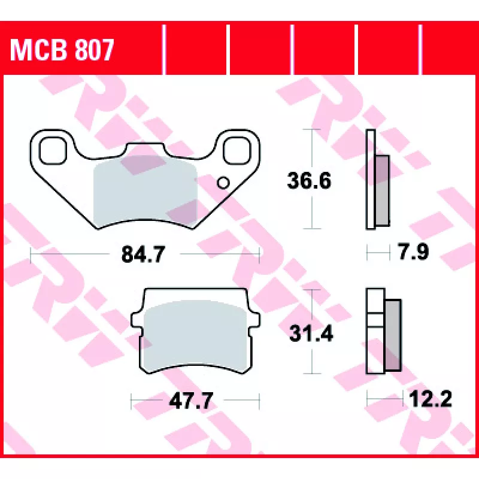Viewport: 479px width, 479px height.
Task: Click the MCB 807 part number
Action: tap(62, 50)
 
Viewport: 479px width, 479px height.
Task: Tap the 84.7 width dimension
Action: tap(143, 254)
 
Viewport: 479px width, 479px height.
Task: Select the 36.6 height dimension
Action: tap(309, 181)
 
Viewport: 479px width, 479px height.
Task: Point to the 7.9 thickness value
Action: tap(414, 252)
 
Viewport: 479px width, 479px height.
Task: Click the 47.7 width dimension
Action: tap(191, 401)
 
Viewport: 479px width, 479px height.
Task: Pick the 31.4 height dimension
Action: tap(311, 334)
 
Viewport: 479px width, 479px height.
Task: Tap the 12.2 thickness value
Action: tap(431, 399)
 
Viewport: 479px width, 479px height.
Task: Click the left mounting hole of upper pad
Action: tap(53, 150)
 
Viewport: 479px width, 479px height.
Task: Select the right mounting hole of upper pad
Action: tap(237, 150)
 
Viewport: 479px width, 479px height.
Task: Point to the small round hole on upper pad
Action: tap(223, 183)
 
